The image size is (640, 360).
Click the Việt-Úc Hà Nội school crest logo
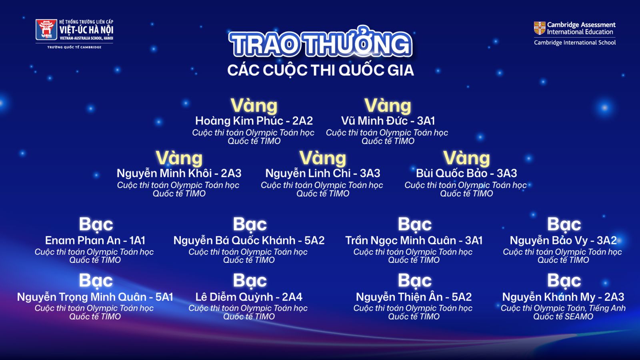tap(46, 30)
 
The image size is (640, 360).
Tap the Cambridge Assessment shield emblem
tap(540, 28)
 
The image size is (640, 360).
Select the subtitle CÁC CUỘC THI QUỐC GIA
tap(320, 70)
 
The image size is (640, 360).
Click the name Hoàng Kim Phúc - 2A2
tap(254, 121)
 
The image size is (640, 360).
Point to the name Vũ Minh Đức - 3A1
tap(388, 121)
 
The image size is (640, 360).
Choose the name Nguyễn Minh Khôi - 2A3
tap(179, 173)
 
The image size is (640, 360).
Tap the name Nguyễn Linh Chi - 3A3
tap(322, 173)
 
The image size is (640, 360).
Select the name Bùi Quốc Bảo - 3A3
tap(466, 173)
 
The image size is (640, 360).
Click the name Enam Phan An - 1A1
tap(95, 240)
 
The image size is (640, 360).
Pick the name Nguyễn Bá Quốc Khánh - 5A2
tap(249, 240)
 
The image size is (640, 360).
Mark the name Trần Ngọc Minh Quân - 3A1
tap(414, 240)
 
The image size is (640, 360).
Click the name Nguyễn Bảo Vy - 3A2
tap(563, 240)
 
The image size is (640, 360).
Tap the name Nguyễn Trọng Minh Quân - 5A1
tap(95, 297)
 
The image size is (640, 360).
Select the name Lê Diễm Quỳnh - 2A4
tap(249, 297)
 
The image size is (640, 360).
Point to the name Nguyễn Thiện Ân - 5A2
tap(414, 297)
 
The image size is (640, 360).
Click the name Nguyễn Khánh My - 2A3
tap(563, 297)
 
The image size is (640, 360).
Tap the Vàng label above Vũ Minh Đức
tap(388, 106)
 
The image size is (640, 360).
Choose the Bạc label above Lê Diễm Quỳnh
tap(250, 280)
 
